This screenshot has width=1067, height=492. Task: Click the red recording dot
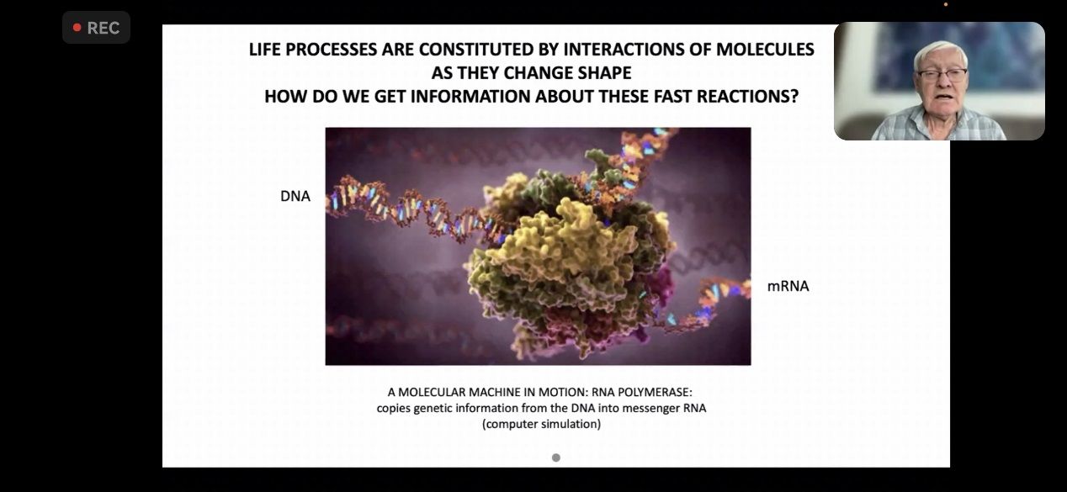77,28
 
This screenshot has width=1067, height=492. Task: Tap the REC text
104,28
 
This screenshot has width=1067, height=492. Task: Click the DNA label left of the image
295,196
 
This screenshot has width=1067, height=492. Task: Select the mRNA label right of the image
788,286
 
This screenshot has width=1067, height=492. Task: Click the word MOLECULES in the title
765,50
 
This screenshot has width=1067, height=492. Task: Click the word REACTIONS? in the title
747,96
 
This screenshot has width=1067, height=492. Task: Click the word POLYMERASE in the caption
655,392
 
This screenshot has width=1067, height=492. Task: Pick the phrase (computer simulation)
542,424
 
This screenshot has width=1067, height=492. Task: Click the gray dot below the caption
556,458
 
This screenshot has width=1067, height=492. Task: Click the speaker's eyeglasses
942,75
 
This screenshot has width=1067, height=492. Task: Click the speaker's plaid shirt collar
941,117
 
